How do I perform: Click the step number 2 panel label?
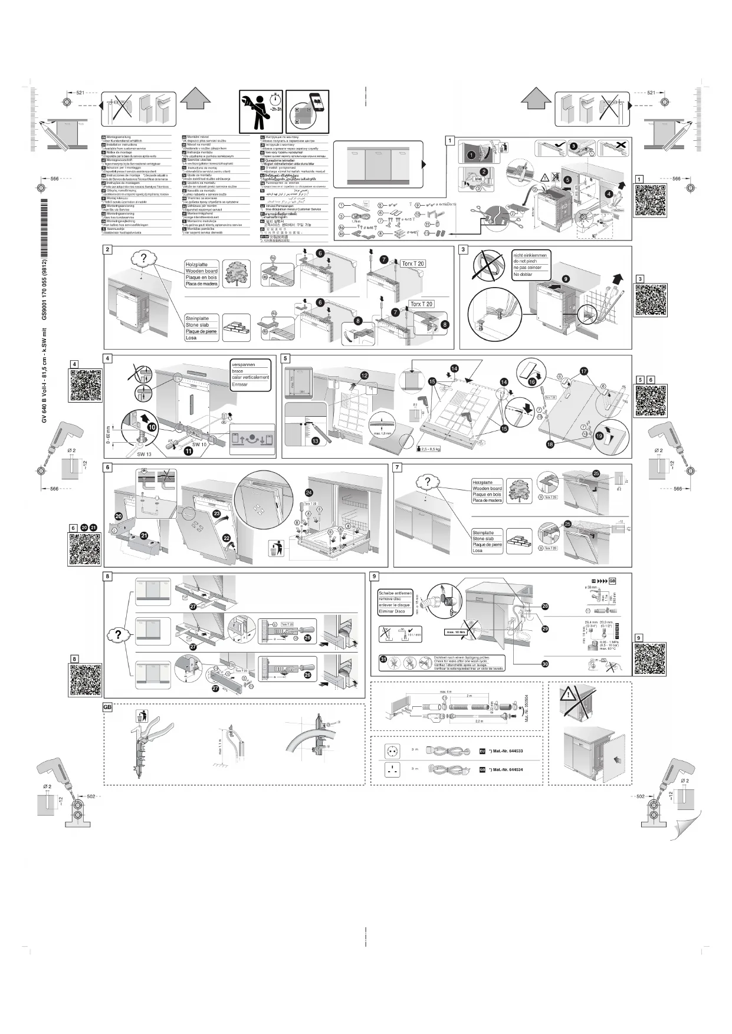[x=107, y=250]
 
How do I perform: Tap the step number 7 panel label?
[x=398, y=467]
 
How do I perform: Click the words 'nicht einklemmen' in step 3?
[x=530, y=255]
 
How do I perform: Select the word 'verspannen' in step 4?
[x=244, y=364]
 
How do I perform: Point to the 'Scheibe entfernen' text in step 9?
[x=395, y=592]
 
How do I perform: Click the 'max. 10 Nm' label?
[x=456, y=632]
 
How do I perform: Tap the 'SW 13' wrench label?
[x=145, y=455]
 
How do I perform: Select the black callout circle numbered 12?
[x=365, y=375]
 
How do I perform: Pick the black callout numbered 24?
[x=309, y=492]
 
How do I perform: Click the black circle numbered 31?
[x=382, y=659]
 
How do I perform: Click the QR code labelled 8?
[x=86, y=680]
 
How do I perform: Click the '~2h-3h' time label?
[x=275, y=110]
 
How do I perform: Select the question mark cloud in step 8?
[x=119, y=635]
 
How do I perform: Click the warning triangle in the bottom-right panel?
[x=569, y=695]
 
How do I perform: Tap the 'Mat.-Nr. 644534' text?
[x=508, y=770]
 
